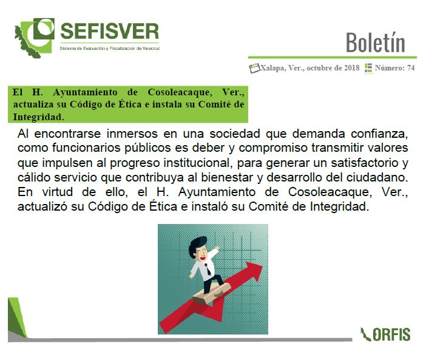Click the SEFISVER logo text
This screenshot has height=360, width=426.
coord(109,31)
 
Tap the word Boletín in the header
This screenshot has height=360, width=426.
coord(376,42)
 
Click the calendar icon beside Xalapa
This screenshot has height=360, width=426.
coord(254,68)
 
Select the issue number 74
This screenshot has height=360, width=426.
coord(411,67)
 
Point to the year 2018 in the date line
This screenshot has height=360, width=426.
coord(352,67)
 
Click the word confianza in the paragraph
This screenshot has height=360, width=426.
coord(379,134)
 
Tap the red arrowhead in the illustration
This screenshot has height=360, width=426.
coord(253,271)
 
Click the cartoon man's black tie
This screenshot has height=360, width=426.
coord(208,269)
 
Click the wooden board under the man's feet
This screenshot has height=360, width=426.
coord(211,294)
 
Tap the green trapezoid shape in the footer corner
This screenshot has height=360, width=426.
coord(17,318)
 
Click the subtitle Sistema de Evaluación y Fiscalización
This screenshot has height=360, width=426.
coord(110,49)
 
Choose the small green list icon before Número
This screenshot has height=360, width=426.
coord(368,67)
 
